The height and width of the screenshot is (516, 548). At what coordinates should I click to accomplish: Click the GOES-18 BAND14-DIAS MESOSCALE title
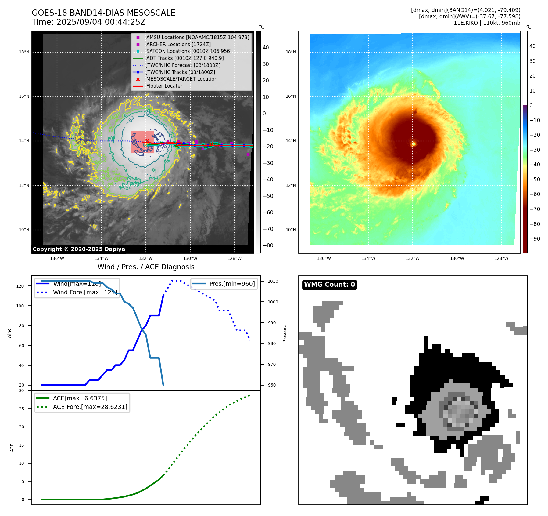point(103,13)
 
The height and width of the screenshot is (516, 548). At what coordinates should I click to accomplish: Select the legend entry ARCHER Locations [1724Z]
point(178,44)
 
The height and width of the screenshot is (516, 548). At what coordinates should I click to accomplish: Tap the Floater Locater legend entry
point(164,86)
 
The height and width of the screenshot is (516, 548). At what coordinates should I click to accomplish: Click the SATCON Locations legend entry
point(189,51)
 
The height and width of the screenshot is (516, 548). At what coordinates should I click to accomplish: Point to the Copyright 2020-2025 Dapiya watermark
point(79,249)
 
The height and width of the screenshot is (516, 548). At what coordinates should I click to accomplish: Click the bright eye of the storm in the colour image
point(414,144)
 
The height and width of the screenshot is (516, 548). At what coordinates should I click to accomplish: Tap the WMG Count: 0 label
point(329,285)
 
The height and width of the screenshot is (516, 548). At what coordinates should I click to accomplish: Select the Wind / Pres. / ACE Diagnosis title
point(146,267)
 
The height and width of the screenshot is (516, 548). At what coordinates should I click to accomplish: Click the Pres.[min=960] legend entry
point(232,284)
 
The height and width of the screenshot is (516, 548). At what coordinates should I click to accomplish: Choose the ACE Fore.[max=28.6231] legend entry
point(90,407)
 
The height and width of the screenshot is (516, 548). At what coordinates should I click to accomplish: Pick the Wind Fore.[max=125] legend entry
point(85,292)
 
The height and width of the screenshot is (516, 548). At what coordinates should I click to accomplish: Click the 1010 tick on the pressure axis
point(273,281)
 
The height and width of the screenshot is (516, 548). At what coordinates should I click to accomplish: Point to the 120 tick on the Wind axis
point(20,286)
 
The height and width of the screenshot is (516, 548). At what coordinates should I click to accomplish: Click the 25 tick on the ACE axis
point(21,409)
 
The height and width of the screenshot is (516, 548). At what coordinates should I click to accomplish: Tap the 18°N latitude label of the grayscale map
point(24,52)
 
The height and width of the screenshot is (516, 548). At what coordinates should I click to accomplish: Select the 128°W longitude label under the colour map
point(501,258)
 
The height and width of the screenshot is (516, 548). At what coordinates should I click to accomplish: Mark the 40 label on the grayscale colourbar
point(266,48)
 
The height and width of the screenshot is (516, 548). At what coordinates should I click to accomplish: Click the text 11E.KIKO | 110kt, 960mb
point(487,23)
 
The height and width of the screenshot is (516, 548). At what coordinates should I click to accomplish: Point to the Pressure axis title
point(285,333)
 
